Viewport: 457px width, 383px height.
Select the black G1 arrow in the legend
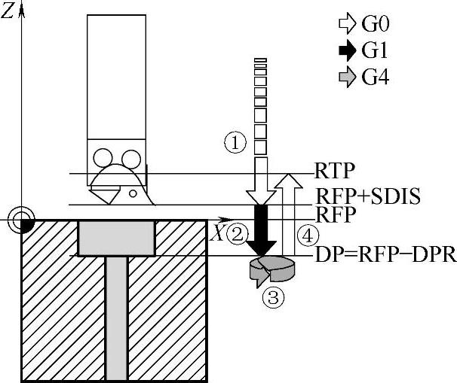coord(348,50)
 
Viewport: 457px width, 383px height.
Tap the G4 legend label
coord(376,78)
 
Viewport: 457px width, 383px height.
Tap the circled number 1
coord(236,141)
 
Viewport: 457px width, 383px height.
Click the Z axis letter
coord(8,12)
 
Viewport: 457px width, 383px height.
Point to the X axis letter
coord(217,233)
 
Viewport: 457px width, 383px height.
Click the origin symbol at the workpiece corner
coord(23,219)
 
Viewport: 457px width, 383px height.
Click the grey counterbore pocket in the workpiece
coord(116,237)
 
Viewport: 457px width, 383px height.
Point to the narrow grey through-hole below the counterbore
coord(116,316)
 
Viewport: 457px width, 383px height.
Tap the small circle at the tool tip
coord(132,193)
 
